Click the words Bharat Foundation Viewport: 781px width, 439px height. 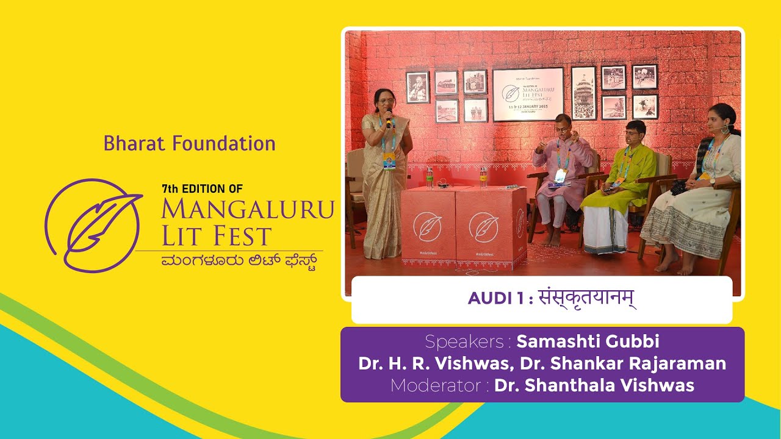click(x=189, y=144)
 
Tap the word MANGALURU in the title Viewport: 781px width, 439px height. click(x=248, y=209)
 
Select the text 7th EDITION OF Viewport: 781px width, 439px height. click(x=202, y=189)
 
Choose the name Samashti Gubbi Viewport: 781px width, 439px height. click(x=588, y=341)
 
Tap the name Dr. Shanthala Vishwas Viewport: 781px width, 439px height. click(x=594, y=385)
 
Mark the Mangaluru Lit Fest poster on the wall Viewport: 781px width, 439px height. click(x=528, y=95)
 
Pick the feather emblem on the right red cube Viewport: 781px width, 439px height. click(x=483, y=227)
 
